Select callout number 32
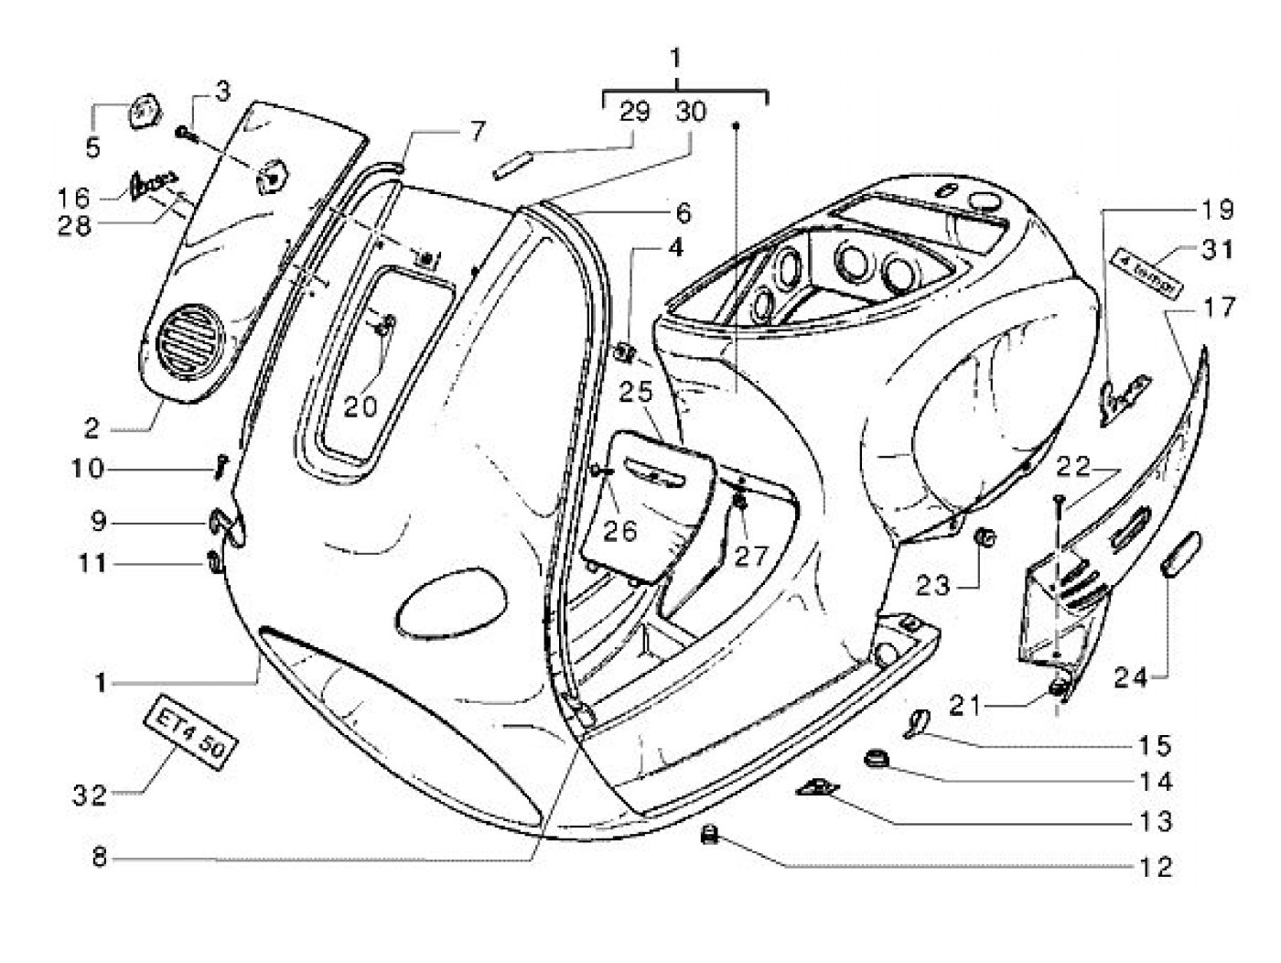90,795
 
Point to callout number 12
1157,866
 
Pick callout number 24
1130,678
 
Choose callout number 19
1217,210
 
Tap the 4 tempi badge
1146,274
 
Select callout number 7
474,131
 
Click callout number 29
634,112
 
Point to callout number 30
692,112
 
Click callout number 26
619,529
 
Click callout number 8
100,859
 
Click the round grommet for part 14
877,759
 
